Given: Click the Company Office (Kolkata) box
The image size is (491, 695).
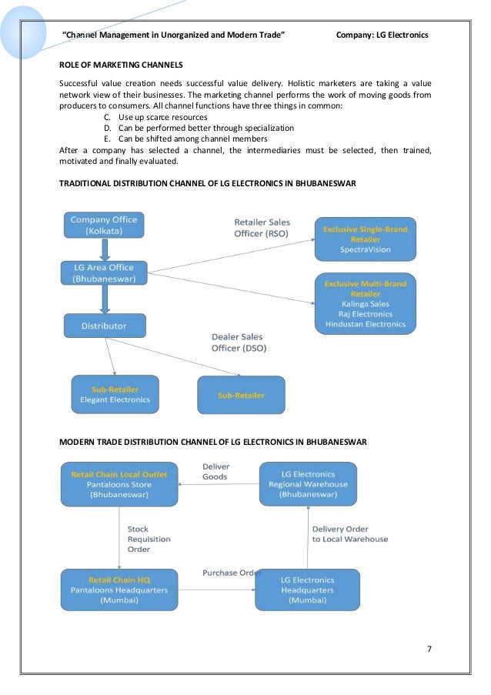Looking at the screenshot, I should click(104, 226).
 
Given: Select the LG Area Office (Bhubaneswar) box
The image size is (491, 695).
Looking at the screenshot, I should click(104, 272).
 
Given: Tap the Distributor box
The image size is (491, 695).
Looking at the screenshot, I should click(104, 326).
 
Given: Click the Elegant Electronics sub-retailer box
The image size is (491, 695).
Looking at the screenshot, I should click(115, 394).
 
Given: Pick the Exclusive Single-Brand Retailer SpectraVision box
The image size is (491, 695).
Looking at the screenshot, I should click(365, 239).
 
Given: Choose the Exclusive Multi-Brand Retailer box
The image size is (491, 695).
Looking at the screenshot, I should click(365, 303).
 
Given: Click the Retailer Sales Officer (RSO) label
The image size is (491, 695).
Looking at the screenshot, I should click(262, 228).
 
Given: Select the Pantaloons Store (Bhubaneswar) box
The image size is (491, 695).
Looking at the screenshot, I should click(119, 484).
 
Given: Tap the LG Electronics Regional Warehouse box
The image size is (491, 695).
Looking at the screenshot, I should click(308, 484).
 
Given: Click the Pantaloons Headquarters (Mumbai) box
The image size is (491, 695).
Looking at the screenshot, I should click(119, 590).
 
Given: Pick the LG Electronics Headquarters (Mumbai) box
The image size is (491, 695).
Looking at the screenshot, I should click(308, 590).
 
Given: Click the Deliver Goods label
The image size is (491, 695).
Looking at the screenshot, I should click(215, 471).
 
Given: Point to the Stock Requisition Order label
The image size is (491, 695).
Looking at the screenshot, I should click(149, 539).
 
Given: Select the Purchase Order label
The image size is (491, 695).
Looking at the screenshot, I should click(231, 573).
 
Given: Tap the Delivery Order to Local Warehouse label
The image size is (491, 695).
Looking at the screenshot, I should click(349, 534).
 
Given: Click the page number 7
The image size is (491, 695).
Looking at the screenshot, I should click(429, 648).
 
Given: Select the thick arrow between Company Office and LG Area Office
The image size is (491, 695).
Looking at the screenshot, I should click(104, 249).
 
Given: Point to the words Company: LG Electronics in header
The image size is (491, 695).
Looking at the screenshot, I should click(382, 35).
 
